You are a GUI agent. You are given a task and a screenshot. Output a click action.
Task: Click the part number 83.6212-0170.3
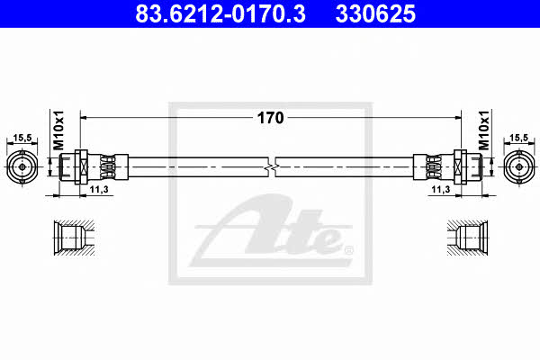click(220, 13)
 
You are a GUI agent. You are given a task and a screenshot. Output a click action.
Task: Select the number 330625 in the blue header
click(375, 13)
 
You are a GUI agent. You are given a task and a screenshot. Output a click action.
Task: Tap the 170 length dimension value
click(270, 118)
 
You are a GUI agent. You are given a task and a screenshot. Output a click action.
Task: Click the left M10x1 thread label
click(58, 130)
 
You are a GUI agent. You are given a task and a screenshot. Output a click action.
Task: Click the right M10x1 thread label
click(484, 130)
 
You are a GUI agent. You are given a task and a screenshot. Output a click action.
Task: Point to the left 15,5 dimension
click(22, 138)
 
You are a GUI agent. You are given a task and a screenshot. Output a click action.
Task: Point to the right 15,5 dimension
click(518, 138)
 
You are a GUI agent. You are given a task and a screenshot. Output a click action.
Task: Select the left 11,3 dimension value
click(99, 189)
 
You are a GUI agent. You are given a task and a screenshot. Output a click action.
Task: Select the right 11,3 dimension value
click(441, 189)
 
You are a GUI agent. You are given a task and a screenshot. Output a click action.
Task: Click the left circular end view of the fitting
click(22, 167)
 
